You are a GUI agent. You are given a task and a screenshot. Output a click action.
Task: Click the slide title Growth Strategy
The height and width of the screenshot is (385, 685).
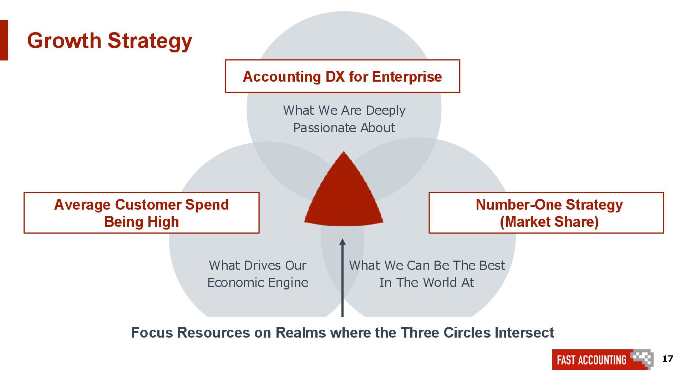(x=110, y=41)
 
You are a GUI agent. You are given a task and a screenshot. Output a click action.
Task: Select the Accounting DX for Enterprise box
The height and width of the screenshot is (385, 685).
(x=342, y=76)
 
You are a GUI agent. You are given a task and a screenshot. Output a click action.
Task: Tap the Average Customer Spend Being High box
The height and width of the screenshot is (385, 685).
(x=141, y=213)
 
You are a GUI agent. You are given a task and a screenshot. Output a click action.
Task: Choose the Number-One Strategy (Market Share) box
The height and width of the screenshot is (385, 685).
(x=546, y=213)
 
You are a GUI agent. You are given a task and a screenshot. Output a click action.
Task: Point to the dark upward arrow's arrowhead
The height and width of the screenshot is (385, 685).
(x=342, y=242)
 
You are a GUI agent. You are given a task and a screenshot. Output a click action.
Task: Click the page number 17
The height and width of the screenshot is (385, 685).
(x=668, y=359)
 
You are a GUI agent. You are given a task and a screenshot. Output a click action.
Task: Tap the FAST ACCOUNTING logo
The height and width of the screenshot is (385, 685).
(x=592, y=359)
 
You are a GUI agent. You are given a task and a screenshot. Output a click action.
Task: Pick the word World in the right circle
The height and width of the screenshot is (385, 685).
(x=440, y=282)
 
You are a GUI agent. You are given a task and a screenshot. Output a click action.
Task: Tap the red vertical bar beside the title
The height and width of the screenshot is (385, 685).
(x=4, y=40)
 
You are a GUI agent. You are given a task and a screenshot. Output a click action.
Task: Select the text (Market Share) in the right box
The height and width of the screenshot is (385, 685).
(x=549, y=222)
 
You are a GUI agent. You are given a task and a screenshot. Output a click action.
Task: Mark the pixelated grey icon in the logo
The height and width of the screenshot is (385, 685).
(x=642, y=359)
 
